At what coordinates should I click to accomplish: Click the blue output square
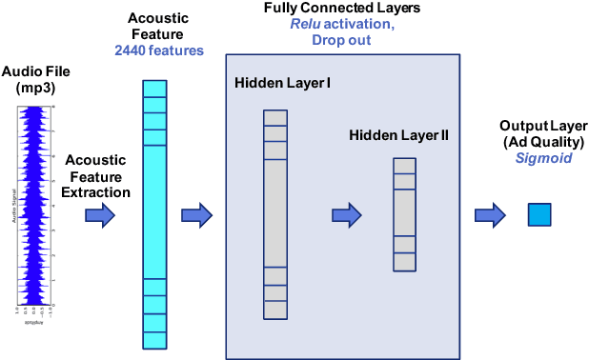[539, 215]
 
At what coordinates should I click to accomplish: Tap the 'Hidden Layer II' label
[398, 136]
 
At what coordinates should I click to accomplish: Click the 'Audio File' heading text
[36, 71]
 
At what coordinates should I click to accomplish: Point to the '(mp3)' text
[36, 88]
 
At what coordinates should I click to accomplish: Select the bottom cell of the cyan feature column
[153, 339]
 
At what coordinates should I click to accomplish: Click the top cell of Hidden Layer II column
[404, 166]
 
